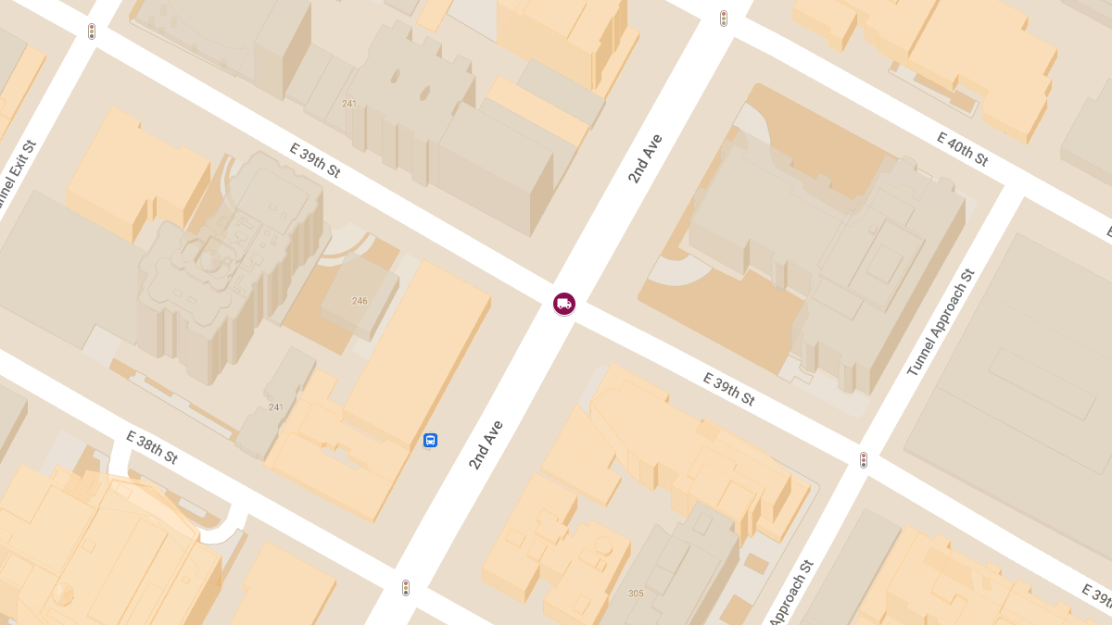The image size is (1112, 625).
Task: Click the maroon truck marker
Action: pos(563,303)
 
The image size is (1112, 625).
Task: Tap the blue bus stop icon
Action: pos(430,440)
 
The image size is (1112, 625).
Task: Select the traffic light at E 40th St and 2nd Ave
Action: pos(724,18)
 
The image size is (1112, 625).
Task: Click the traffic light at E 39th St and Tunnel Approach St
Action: pos(864,460)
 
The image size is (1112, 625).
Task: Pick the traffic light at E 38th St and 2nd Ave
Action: pos(406,588)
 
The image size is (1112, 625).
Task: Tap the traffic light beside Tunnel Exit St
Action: pos(92,31)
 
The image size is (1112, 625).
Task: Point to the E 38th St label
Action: pos(152,448)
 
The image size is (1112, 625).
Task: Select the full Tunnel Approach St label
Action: pos(941,323)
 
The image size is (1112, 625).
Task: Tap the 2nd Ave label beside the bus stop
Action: pos(486,444)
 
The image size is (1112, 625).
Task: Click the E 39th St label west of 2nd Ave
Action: pos(315,160)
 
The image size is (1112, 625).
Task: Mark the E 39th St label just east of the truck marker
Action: pos(728,389)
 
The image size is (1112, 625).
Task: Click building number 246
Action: pos(360,301)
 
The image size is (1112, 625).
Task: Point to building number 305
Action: pos(636,594)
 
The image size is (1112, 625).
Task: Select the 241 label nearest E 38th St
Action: pos(276,407)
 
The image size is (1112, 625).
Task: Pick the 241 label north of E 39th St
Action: pos(349,104)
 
